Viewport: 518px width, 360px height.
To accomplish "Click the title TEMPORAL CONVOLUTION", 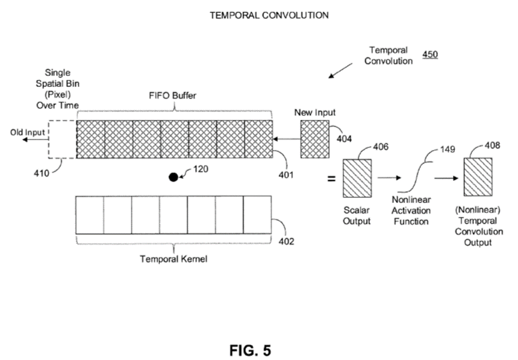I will (x=269, y=15).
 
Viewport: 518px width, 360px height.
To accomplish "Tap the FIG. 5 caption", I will (x=250, y=351).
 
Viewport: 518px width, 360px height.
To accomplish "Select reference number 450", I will (x=430, y=55).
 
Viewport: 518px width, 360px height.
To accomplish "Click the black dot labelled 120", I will (x=173, y=177).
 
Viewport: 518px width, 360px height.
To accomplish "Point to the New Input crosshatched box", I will (x=315, y=139).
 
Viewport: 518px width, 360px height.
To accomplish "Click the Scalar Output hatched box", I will (x=357, y=178).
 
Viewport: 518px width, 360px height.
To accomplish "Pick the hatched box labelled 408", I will (x=478, y=177).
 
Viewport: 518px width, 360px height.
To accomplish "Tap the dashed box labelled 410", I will (x=63, y=139).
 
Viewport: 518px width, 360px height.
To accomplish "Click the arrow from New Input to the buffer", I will (x=286, y=139).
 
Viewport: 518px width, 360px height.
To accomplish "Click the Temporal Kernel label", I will (x=173, y=259).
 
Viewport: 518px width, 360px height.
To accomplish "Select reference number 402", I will (x=286, y=241).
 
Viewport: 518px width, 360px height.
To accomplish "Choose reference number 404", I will (x=344, y=139).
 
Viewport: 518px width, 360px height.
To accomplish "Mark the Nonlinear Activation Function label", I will (x=411, y=211).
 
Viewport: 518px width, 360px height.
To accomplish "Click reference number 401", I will (x=286, y=175).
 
